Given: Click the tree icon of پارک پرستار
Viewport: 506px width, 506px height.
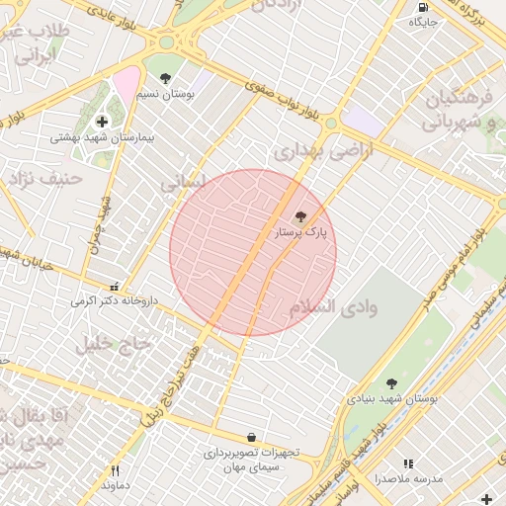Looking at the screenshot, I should tap(301, 215).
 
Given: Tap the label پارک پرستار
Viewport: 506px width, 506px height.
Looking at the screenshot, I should tap(300, 232).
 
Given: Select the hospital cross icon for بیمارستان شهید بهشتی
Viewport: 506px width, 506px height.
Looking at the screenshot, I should tap(102, 122).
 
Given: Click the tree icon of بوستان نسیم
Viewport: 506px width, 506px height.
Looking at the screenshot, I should tap(164, 78).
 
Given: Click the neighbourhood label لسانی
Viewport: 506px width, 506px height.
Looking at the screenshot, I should tap(184, 182).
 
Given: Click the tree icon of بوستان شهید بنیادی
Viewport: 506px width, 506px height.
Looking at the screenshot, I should tap(391, 382).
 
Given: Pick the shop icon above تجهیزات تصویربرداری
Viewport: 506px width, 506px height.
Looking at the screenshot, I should tap(251, 437).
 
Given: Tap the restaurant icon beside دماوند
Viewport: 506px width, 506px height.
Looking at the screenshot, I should tap(115, 470).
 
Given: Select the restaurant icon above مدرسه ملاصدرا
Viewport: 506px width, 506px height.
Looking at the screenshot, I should tap(408, 463).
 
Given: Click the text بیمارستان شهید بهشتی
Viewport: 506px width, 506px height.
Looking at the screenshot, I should tap(103, 138).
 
